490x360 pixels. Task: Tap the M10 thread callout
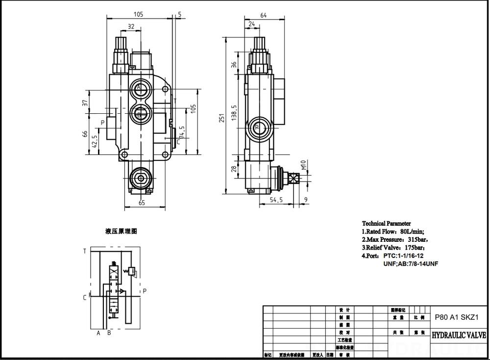pos(303,168)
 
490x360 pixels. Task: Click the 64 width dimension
pos(263,16)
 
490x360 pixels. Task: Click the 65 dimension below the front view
pos(141,203)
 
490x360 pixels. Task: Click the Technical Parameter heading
pos(386,223)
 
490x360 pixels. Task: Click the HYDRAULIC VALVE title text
pos(458,336)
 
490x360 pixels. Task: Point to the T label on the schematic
pos(85,251)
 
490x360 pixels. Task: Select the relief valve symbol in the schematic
pos(131,271)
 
